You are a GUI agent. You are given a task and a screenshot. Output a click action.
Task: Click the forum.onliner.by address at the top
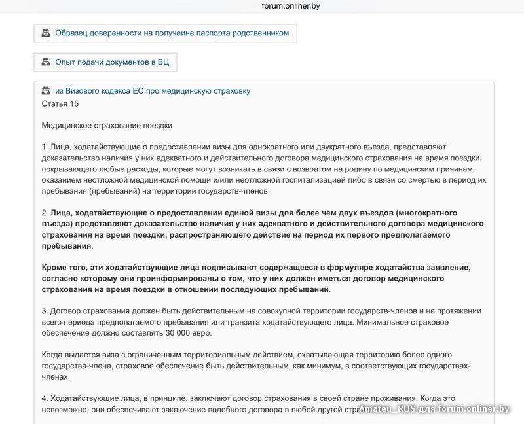tap(290, 6)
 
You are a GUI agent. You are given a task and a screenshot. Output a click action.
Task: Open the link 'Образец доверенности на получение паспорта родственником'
tap(172, 33)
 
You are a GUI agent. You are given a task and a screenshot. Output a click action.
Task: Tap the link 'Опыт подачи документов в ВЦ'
tap(112, 62)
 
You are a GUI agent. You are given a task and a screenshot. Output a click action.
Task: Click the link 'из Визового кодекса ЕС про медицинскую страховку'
tap(152, 91)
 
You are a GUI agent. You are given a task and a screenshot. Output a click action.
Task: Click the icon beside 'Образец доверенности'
tap(46, 33)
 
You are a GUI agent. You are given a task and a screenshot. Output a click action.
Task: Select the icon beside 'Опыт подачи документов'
tap(46, 62)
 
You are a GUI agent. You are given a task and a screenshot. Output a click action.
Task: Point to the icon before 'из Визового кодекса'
tap(46, 91)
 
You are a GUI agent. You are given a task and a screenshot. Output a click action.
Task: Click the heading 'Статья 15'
tap(60, 103)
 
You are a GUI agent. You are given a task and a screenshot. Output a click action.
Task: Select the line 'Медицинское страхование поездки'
tap(107, 125)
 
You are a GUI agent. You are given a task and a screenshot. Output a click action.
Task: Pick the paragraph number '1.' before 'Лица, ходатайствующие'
tap(45, 147)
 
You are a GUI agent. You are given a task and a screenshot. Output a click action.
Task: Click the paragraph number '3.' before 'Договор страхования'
tap(45, 311)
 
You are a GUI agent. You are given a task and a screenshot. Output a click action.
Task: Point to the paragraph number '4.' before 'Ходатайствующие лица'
tap(45, 398)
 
